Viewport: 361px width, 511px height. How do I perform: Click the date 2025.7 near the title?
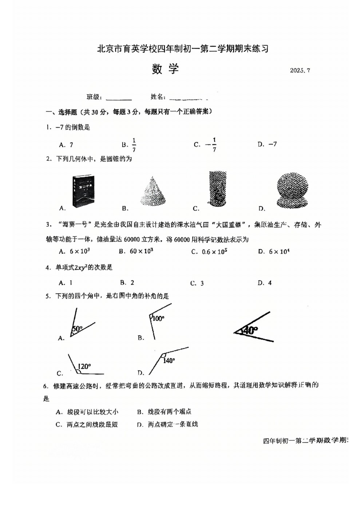tap(300, 71)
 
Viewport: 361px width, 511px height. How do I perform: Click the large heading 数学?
tap(166, 69)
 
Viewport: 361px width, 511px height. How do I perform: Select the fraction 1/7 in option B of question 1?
tap(134, 145)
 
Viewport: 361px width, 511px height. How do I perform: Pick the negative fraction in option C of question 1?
tap(211, 145)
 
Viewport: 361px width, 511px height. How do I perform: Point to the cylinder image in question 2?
tap(218, 188)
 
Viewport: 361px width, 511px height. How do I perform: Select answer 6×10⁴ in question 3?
tap(279, 251)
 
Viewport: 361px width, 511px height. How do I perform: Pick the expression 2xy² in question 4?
tap(81, 267)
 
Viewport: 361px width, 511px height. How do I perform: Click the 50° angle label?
tap(77, 329)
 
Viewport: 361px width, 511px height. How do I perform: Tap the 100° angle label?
tap(158, 319)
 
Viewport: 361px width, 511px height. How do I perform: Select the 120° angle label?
tap(84, 366)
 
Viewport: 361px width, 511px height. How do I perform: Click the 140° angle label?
tap(169, 361)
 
